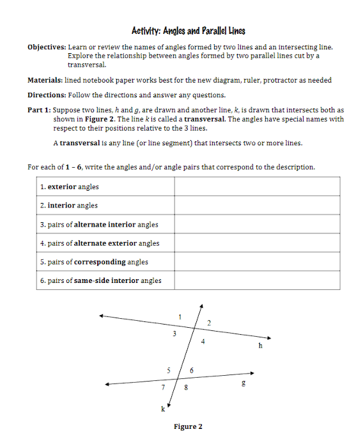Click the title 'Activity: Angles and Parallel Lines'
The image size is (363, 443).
pyautogui.click(x=188, y=31)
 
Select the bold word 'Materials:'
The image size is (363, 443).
pyautogui.click(x=47, y=80)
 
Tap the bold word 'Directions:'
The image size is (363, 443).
pyautogui.click(x=48, y=95)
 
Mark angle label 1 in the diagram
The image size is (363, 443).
pyautogui.click(x=180, y=316)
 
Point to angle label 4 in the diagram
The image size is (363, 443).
pyautogui.click(x=203, y=341)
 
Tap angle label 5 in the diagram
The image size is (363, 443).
pyautogui.click(x=169, y=370)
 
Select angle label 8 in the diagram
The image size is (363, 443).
pyautogui.click(x=185, y=388)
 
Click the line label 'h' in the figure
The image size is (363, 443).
pyautogui.click(x=259, y=346)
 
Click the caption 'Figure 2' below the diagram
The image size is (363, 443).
pyautogui.click(x=188, y=427)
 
